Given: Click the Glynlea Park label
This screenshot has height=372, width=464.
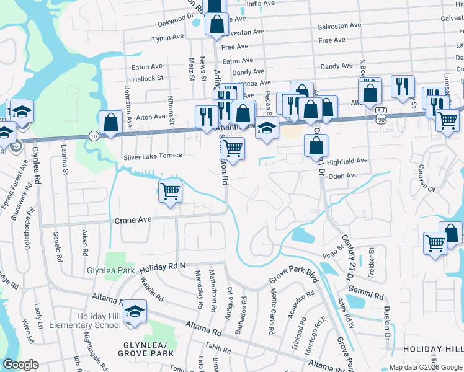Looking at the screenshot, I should point(111,270).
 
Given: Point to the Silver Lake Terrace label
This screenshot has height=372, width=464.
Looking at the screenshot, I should point(153,156).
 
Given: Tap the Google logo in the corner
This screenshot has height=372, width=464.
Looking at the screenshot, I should point(20,365).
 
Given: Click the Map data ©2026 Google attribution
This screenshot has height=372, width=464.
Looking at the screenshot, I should point(426,367).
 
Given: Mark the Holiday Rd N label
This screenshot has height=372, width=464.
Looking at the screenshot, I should point(162,267).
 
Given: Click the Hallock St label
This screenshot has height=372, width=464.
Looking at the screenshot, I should point(148,78).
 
